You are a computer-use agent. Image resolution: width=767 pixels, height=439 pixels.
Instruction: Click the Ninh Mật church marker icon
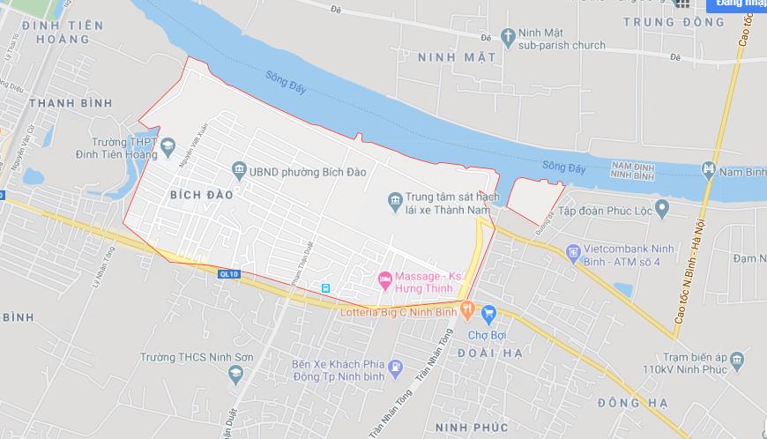pyautogui.click(x=507, y=37)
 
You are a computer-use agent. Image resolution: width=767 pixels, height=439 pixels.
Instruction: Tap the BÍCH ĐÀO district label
pyautogui.click(x=202, y=195)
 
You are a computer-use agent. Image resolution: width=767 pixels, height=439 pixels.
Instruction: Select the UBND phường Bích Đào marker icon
pyautogui.click(x=238, y=169)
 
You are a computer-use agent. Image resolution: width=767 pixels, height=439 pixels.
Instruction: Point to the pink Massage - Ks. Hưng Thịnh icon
pyautogui.click(x=383, y=280)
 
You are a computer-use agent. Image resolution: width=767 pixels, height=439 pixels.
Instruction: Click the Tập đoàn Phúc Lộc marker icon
pyautogui.click(x=662, y=209)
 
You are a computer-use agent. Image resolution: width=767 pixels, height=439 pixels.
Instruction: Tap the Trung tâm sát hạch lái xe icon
pyautogui.click(x=395, y=203)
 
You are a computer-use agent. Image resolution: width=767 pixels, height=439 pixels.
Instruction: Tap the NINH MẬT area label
pyautogui.click(x=456, y=58)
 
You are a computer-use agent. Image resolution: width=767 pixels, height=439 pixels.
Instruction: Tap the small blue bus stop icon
pyautogui.click(x=326, y=288)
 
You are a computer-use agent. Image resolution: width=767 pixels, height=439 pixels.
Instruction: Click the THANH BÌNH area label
pyautogui.click(x=71, y=103)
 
